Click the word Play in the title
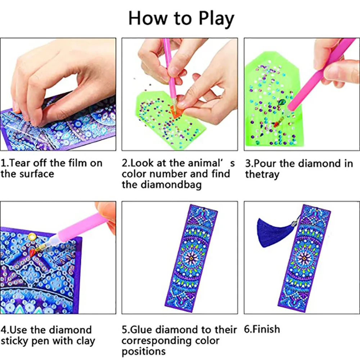(216, 19)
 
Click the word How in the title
(147, 18)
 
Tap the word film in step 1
(78, 163)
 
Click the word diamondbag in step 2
(171, 185)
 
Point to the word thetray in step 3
(262, 175)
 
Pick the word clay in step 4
(85, 341)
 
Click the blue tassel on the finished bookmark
(274, 232)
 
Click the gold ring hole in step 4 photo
(32, 236)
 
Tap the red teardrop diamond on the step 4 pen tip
(32, 252)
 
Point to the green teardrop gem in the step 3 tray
(281, 102)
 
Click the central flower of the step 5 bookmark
(191, 258)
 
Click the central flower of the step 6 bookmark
(304, 258)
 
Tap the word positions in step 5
(144, 351)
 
